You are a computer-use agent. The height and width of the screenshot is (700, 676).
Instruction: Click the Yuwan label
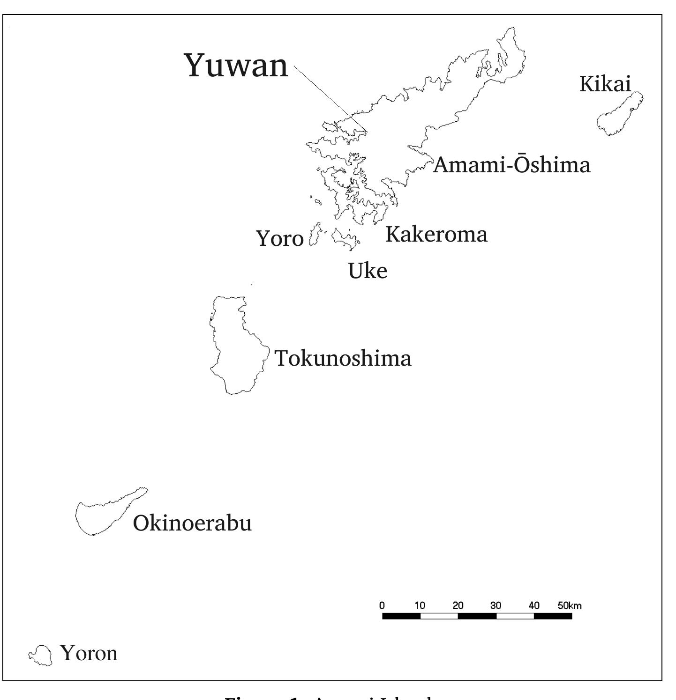(x=237, y=66)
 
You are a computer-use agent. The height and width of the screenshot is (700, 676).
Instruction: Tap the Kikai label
(x=605, y=84)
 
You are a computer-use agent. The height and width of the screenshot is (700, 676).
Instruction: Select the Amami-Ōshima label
(x=511, y=165)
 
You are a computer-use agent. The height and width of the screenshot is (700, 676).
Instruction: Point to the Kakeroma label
(x=436, y=234)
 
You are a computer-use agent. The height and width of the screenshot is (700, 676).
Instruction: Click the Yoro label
(x=280, y=239)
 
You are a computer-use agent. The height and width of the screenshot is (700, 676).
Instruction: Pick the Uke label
(x=368, y=271)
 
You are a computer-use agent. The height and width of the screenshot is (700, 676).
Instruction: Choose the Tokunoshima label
(x=343, y=359)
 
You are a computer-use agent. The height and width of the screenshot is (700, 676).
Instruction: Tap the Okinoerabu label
(x=192, y=523)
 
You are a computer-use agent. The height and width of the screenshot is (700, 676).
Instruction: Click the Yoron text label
(x=89, y=653)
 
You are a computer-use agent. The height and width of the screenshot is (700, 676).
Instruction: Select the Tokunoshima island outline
(x=237, y=346)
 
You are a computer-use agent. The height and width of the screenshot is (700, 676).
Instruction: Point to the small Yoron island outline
(x=41, y=655)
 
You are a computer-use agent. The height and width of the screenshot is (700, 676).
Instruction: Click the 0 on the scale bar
(x=382, y=605)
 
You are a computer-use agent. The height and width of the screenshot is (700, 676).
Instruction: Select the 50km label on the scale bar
(x=569, y=605)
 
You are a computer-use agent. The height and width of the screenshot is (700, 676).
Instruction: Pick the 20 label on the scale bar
(x=458, y=605)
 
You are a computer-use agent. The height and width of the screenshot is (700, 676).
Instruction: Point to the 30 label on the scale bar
(x=496, y=605)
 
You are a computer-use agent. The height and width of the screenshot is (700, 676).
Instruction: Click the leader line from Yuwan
(x=330, y=99)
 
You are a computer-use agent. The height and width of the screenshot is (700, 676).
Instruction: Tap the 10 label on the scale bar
(x=420, y=605)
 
